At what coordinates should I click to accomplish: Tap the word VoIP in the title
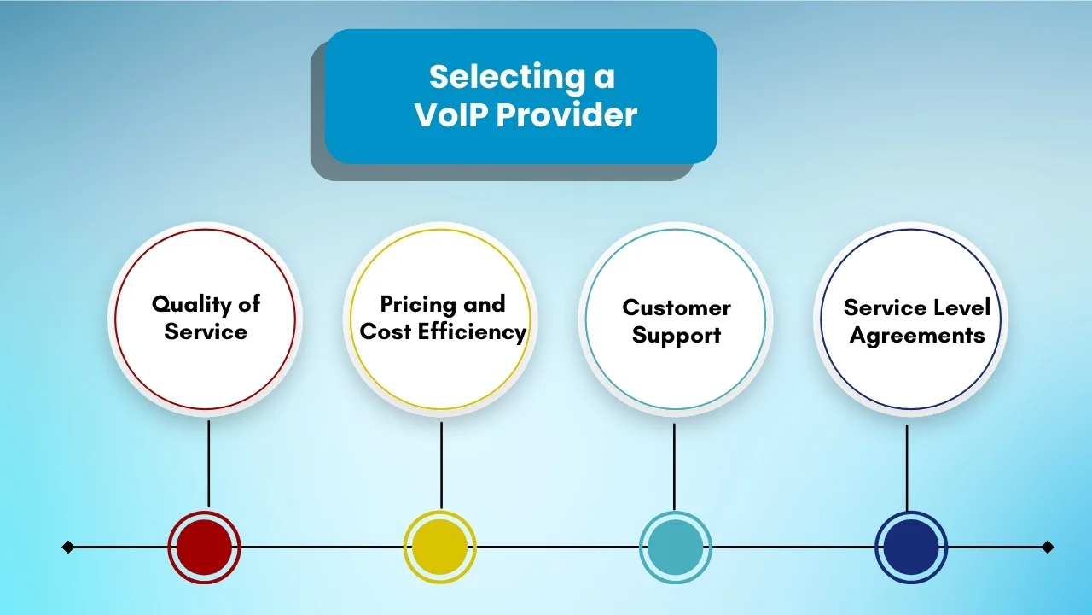(x=450, y=115)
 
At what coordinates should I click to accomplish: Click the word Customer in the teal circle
(x=676, y=307)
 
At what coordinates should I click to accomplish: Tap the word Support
(x=676, y=336)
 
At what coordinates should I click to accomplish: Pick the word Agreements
(x=917, y=337)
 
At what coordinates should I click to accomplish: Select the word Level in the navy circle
(x=960, y=307)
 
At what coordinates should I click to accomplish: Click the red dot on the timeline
(x=205, y=547)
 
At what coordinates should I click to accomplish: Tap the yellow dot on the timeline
(x=439, y=547)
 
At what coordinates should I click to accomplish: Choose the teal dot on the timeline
(x=675, y=547)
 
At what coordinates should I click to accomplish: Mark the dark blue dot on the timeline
(x=910, y=547)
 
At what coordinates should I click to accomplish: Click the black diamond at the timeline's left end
(x=68, y=547)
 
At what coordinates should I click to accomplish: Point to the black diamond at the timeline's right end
(x=1048, y=547)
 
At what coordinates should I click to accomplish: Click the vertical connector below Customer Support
(x=674, y=466)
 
